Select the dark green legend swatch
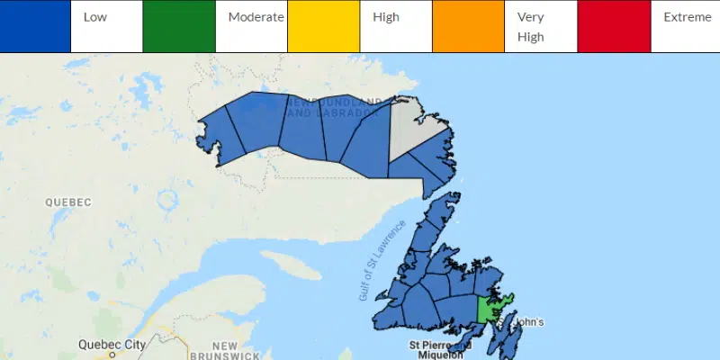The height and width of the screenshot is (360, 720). (179, 26)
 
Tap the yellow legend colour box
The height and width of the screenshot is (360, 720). (323, 26)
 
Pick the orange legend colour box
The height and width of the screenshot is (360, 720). (468, 26)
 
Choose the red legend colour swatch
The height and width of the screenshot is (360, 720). (614, 26)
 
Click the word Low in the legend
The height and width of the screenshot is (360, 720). (93, 17)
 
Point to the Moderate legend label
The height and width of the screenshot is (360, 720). (256, 17)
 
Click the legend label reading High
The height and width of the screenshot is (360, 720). (386, 17)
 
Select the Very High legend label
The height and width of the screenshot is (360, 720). (531, 27)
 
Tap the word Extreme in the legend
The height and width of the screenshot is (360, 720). (687, 17)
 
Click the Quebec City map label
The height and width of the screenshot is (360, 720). (112, 344)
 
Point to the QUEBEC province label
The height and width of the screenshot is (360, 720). (69, 202)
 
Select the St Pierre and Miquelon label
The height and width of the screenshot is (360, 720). (440, 349)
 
